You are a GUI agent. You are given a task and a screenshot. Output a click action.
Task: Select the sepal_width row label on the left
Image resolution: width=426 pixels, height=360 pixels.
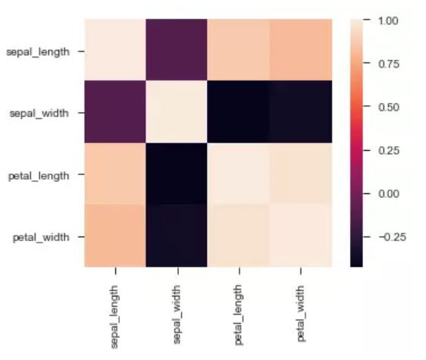tap(42, 113)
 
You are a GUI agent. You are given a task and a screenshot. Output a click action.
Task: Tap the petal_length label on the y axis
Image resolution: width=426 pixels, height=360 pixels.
tap(42, 175)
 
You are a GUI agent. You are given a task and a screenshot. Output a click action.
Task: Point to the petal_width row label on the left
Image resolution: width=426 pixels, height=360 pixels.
tap(44, 236)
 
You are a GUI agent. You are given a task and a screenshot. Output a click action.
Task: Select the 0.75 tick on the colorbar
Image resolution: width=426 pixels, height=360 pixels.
tap(387, 64)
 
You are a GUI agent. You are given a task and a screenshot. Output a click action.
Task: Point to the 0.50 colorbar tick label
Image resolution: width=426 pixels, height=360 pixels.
tap(387, 107)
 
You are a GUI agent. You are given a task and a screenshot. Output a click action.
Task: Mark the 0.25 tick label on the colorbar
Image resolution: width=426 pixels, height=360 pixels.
tap(387, 150)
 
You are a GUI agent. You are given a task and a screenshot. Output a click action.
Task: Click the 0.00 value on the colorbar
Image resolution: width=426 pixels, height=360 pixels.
tap(387, 193)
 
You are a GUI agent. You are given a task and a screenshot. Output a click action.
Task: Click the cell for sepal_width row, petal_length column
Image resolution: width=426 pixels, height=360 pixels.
tap(239, 113)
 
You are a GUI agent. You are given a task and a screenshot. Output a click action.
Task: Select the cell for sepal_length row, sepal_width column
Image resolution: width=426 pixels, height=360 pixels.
tap(177, 52)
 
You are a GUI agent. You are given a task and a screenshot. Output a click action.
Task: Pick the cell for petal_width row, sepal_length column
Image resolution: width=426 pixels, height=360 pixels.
tap(114, 236)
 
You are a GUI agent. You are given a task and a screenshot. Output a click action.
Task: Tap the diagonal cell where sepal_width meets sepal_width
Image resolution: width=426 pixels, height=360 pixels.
tap(177, 113)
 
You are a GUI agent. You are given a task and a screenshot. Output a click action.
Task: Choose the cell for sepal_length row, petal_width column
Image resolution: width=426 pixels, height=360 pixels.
tap(301, 52)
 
